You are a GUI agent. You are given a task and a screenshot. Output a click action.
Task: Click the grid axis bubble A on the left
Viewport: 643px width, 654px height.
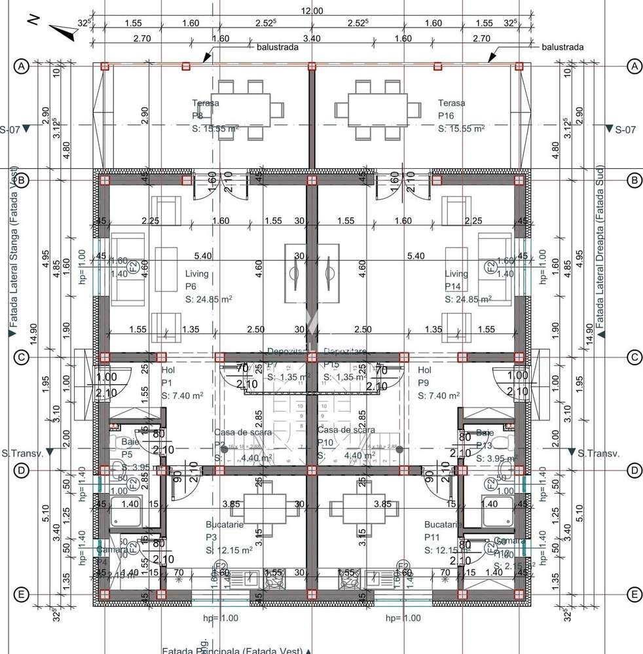[x=22, y=66]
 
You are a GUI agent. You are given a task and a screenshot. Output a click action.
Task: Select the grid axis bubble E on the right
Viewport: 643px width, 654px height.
[x=634, y=594]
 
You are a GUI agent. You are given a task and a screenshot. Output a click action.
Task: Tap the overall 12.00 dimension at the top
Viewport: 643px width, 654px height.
[x=312, y=10]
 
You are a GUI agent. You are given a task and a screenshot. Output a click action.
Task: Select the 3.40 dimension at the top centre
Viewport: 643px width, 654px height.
[x=312, y=39]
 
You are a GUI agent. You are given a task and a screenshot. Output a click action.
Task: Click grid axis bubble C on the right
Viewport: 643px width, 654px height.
[x=634, y=357]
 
